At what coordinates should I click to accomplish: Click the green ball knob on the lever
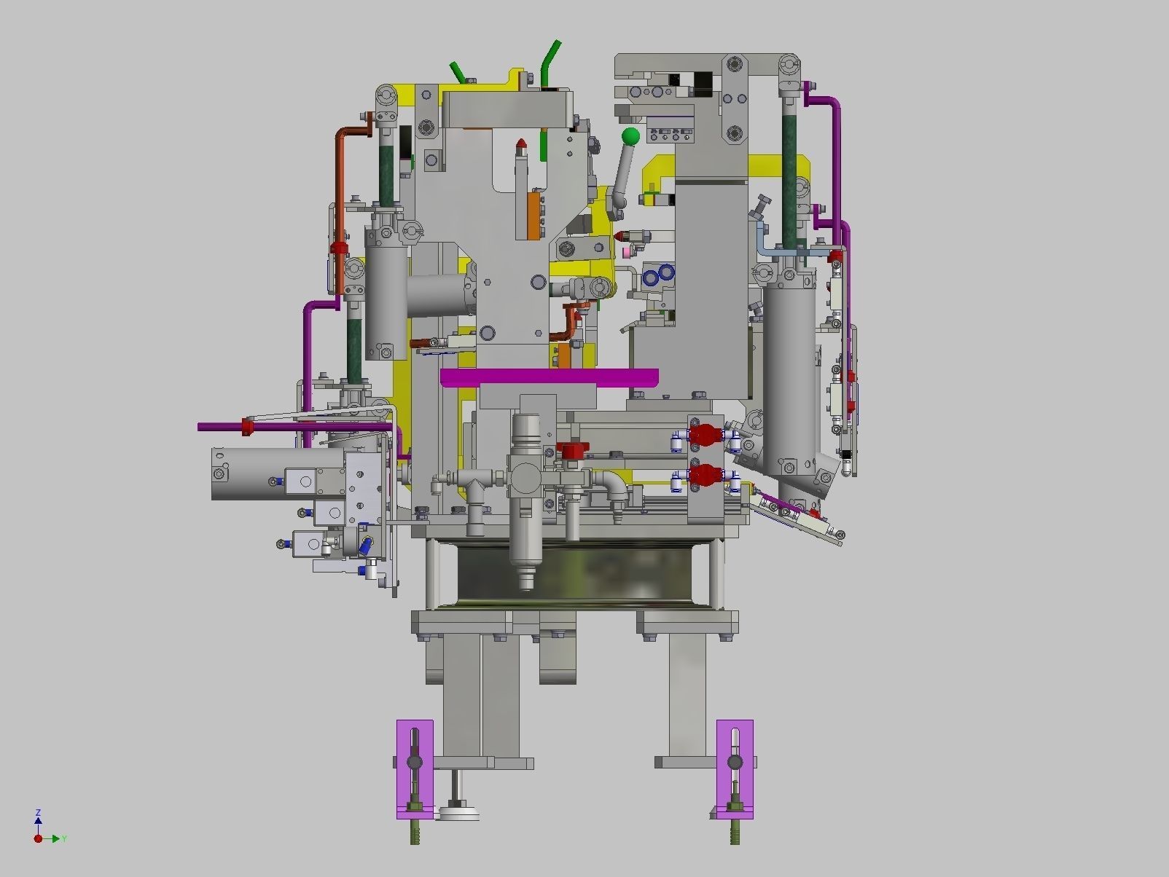[630, 136]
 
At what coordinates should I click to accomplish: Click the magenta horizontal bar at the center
[550, 377]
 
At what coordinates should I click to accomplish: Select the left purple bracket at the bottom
[415, 769]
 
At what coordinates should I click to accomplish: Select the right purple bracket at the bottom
[735, 769]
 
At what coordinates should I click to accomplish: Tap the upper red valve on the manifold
[705, 436]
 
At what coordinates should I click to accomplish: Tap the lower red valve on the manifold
[705, 476]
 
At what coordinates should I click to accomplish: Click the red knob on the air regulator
[571, 451]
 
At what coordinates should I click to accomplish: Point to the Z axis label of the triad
[38, 812]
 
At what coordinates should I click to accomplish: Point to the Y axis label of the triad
[64, 839]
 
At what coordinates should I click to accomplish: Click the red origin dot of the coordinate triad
[38, 839]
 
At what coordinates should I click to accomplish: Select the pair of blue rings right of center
[658, 275]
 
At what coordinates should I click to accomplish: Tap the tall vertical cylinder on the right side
[789, 379]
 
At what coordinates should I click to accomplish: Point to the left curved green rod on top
[458, 71]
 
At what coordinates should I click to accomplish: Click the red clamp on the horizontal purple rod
[248, 427]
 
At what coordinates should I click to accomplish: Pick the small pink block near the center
[627, 253]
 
